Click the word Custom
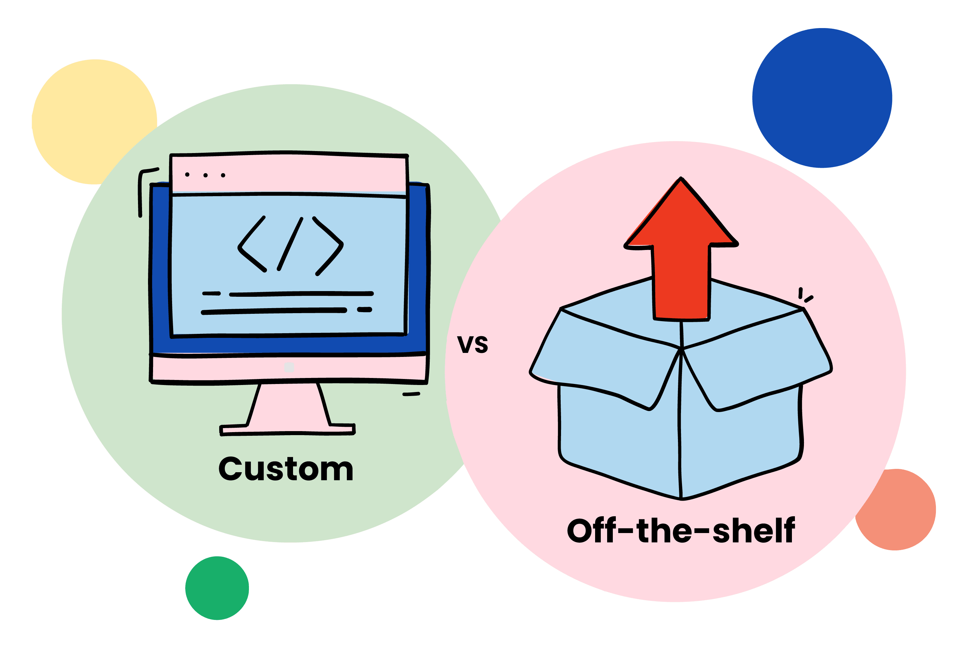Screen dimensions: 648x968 point(286,470)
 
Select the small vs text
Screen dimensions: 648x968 point(472,344)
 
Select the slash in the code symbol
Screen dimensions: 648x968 point(290,244)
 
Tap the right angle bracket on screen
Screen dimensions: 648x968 point(329,246)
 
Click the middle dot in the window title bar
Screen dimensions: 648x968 point(205,175)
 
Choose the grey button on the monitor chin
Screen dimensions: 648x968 point(289,367)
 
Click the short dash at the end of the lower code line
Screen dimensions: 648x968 point(365,309)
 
